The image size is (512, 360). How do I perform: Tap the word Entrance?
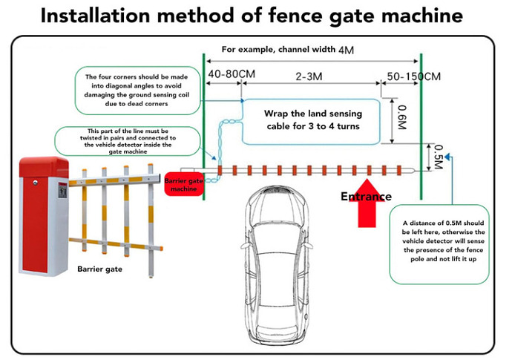tap(366, 197)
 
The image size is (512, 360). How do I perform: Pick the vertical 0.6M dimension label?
tap(402, 117)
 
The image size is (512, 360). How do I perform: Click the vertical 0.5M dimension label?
tap(438, 157)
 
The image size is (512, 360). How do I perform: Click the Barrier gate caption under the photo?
tap(99, 269)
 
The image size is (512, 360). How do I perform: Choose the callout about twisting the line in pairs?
tap(119, 141)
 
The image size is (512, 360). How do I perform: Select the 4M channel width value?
tap(346, 50)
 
